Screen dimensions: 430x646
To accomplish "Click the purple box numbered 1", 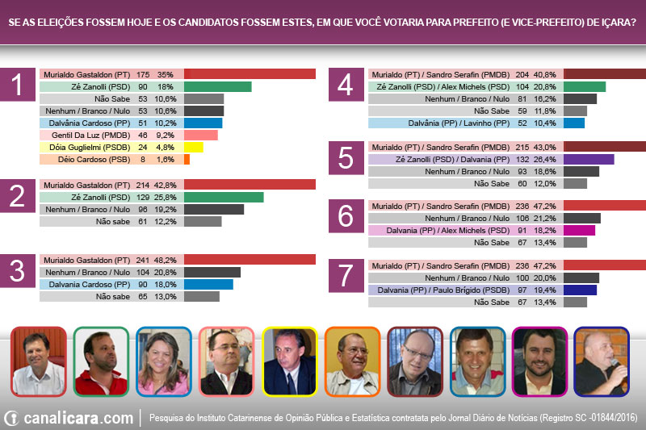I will point(18,86).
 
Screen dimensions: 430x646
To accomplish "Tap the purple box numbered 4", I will point(346,86).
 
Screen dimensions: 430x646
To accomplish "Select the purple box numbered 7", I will point(346,275).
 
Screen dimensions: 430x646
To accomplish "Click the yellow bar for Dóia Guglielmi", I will point(193,148).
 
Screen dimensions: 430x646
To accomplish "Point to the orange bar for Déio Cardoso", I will point(187,160).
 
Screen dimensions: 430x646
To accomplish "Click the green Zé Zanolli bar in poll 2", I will point(224,197).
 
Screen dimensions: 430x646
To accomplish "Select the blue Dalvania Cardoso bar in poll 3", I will point(208,284).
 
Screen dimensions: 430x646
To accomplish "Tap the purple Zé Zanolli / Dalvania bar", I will point(589,160).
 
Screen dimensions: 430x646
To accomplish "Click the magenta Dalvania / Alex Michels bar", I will point(579,230).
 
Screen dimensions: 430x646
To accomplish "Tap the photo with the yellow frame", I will point(289,361).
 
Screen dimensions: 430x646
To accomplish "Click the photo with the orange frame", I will point(352,361).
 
